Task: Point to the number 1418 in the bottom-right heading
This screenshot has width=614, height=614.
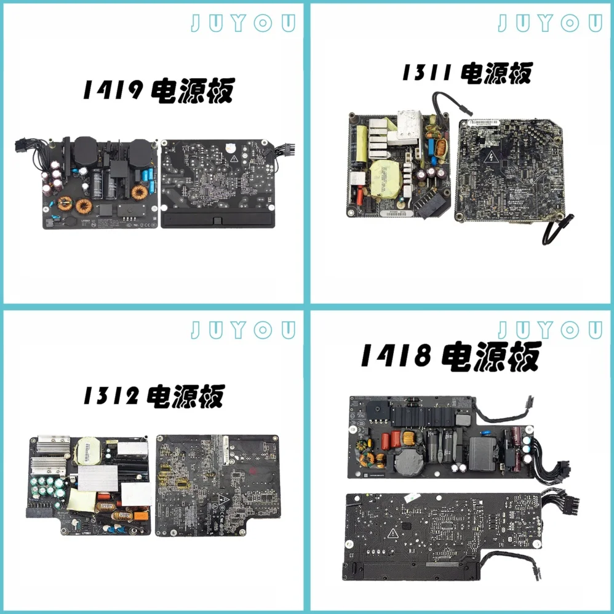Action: pos(395,356)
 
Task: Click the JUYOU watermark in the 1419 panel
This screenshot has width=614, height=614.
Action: pos(242,23)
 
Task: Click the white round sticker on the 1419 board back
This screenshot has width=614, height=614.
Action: pos(228,147)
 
